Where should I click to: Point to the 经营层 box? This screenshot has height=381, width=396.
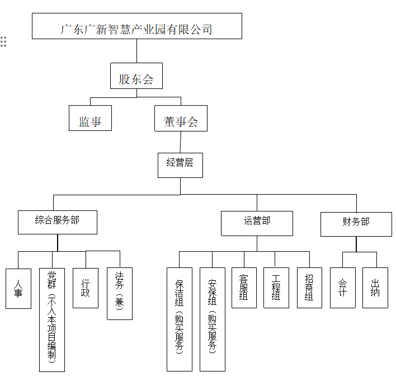pos(180,165)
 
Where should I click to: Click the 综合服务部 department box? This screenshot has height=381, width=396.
pos(58,222)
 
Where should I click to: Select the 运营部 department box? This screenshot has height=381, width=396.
pos(257,223)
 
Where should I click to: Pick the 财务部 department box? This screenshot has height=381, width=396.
pos(356,224)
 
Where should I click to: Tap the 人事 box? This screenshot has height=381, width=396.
pos(18,288)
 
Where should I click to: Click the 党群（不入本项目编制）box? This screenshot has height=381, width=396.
pos(52,319)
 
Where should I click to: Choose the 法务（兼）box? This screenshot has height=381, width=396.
pos(119,293)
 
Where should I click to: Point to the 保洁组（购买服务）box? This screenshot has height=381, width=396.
pos(180,319)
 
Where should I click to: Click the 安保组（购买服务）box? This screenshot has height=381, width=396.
pos(213,319)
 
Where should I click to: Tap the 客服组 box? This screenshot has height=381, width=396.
pos(244,288)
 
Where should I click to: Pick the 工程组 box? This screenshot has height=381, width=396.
pos(276,288)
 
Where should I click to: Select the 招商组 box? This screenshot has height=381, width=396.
pos(309,288)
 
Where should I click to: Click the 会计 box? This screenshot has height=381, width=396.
pos(343,288)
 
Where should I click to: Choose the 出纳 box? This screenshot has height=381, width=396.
pos(375,288)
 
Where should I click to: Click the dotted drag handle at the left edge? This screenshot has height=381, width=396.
pos(3,42)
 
